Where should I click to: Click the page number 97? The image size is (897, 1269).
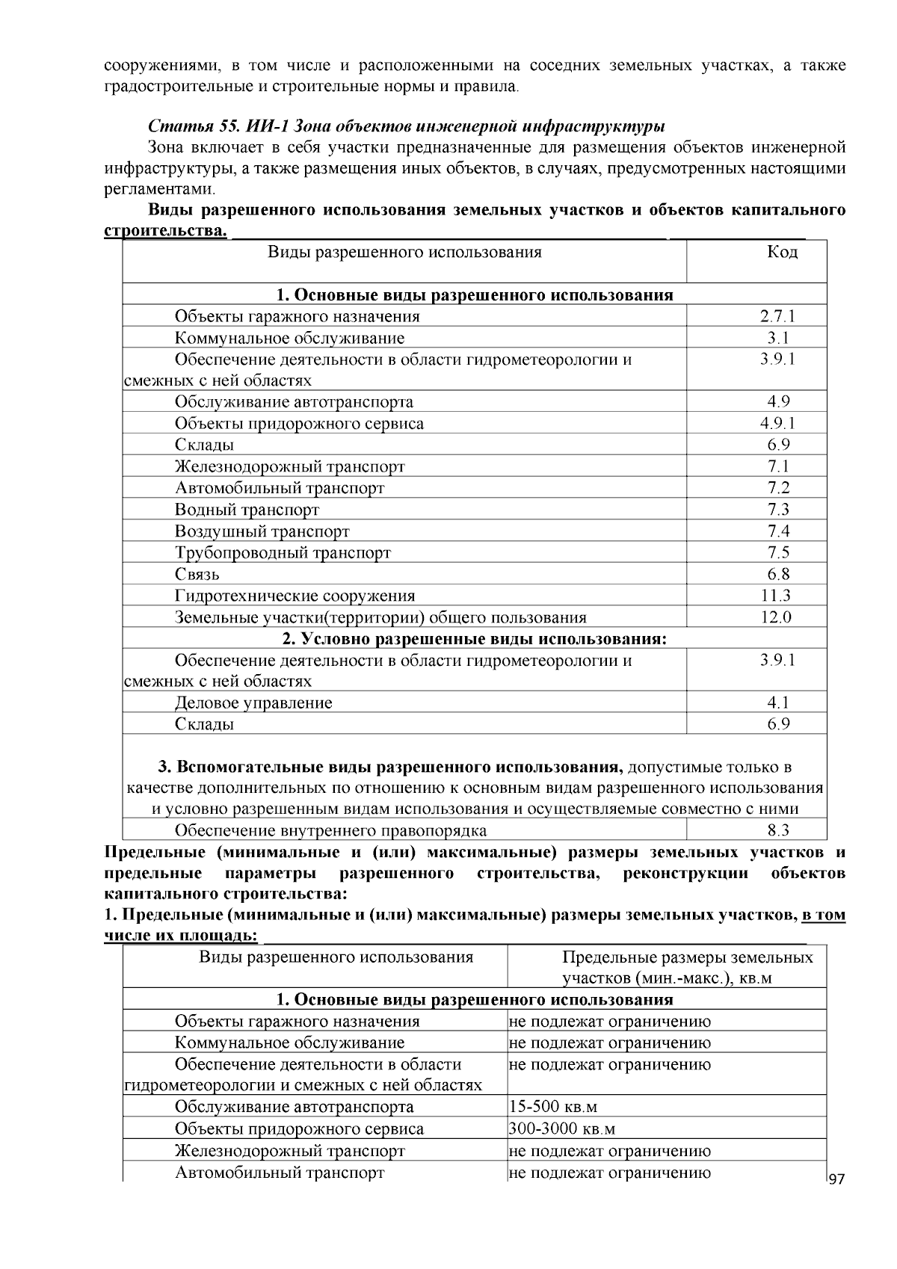pos(836,1179)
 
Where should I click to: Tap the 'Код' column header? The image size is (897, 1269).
pos(782,252)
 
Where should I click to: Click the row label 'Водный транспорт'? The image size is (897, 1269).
pos(247,510)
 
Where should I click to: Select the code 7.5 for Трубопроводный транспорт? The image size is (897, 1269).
pos(778,553)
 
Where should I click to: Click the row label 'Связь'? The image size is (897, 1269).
pos(197,575)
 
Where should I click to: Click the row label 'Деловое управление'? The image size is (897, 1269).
pos(253,703)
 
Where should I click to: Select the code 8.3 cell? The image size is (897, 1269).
pos(778,830)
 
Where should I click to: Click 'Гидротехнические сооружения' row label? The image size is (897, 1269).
pos(295,596)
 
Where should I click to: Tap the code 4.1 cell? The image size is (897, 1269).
pos(778,703)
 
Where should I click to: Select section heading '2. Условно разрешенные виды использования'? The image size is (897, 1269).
pos(474,639)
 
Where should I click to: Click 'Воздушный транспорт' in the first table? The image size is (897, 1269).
pos(262,531)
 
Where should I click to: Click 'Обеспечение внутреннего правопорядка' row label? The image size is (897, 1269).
pos(330,830)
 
